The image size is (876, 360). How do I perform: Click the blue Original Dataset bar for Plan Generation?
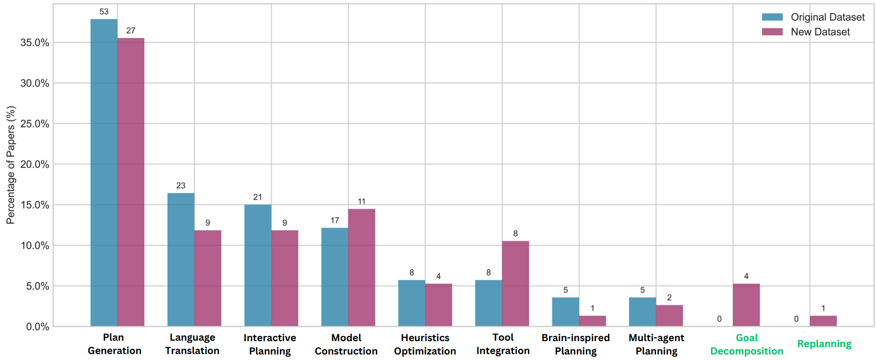[104, 172]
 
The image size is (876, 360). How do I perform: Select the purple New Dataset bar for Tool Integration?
[515, 284]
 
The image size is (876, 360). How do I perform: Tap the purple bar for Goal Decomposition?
[746, 305]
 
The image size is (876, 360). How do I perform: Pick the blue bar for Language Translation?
[181, 260]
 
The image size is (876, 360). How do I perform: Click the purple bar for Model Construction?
[362, 268]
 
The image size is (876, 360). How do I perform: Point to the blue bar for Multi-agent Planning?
[642, 312]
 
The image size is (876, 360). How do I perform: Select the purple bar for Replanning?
[823, 321]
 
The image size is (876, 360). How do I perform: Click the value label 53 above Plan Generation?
[104, 11]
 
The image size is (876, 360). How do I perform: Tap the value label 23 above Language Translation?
[181, 186]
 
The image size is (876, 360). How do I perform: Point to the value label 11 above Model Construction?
[362, 201]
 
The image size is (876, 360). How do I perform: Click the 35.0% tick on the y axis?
[34, 43]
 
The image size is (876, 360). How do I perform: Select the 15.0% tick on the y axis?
[34, 205]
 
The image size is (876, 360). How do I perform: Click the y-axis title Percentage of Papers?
[11, 165]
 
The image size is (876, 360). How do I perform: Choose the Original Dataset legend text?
[827, 17]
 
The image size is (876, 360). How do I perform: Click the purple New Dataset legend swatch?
[772, 32]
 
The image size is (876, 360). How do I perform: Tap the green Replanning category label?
[824, 344]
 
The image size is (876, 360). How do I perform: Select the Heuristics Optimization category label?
[425, 344]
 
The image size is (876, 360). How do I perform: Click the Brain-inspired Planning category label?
[575, 344]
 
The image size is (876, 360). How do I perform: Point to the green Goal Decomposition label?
[746, 344]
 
